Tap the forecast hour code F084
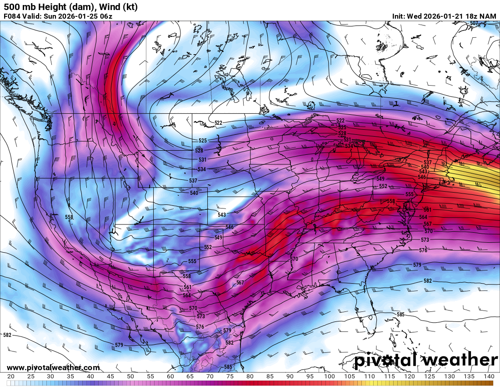(12, 16)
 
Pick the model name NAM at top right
(488, 16)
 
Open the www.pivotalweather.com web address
(53, 367)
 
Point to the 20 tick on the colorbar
(11, 377)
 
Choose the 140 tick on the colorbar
(489, 377)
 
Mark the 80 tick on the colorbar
(250, 377)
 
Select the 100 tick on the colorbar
(329, 377)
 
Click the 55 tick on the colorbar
(150, 377)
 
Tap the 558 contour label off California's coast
(69, 217)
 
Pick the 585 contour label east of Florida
(400, 315)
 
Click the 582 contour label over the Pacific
(7, 336)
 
